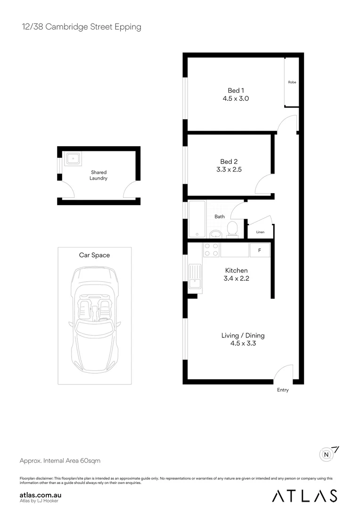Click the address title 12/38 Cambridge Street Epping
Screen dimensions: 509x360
click(82, 27)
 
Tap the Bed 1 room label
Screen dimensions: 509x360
click(236, 90)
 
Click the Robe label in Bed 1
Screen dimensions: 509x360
click(292, 82)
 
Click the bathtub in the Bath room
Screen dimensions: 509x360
click(197, 219)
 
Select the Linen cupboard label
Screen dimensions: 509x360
click(260, 232)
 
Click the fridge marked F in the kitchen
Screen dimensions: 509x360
click(259, 250)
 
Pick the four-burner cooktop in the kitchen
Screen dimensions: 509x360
click(211, 250)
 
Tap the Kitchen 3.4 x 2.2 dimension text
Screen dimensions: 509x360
click(236, 279)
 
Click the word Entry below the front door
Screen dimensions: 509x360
click(283, 390)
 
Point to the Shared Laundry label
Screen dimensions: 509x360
click(99, 175)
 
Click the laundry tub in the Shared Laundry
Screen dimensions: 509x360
click(73, 159)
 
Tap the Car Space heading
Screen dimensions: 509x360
click(94, 255)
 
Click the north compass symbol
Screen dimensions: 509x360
click(327, 454)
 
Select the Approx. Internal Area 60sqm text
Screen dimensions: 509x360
click(60, 460)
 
